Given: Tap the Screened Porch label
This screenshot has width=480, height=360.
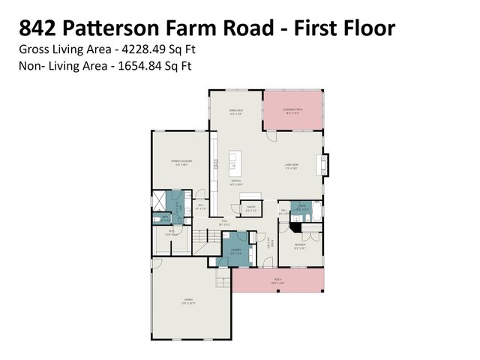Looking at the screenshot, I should [293, 111].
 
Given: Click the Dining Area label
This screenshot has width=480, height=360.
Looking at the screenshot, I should [236, 112].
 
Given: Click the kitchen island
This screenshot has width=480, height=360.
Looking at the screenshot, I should [233, 161].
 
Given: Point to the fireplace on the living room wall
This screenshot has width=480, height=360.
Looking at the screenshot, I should [323, 164].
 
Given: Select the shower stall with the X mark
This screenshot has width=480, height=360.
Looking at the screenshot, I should [159, 201].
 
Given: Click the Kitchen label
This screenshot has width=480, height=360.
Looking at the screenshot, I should [235, 182].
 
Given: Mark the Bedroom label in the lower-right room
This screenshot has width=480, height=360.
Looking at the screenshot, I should [299, 246].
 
